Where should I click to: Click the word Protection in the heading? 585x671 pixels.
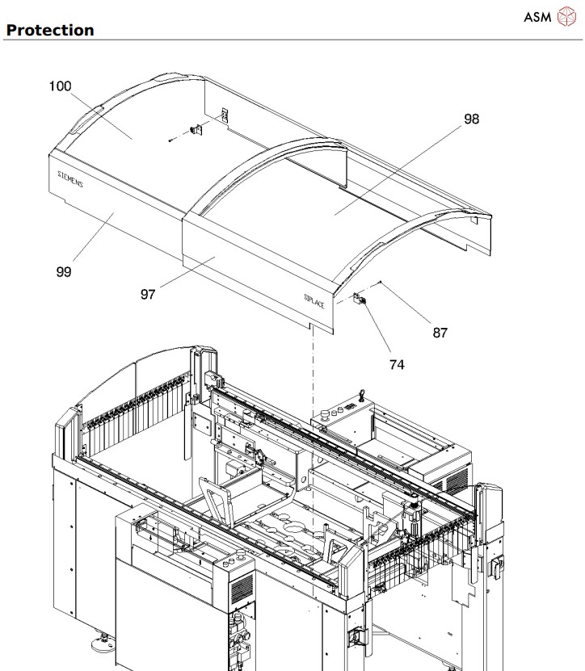[49, 30]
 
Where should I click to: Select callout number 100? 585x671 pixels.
[61, 86]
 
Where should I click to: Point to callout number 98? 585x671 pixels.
[471, 119]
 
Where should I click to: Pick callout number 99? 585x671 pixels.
[63, 271]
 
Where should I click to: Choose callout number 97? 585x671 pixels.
[147, 294]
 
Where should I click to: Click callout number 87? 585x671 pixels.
[440, 331]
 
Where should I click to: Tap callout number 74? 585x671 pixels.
[396, 364]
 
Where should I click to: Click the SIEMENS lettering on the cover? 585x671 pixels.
[71, 179]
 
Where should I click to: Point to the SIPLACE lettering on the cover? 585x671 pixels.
[314, 300]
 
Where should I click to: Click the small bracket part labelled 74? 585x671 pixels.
[360, 300]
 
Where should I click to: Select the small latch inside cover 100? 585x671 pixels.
[195, 130]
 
